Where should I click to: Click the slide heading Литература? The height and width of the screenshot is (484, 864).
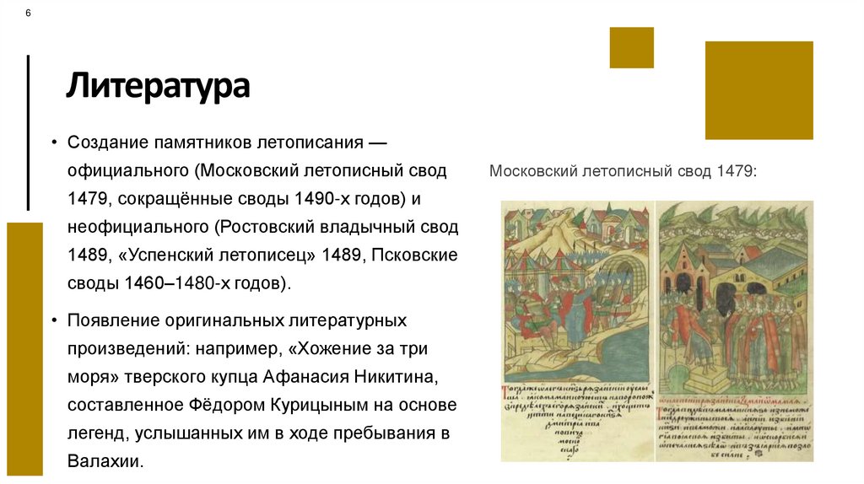click(x=159, y=87)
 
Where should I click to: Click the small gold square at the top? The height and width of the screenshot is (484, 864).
click(x=631, y=47)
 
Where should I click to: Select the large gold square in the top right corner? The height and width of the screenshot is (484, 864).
click(x=759, y=90)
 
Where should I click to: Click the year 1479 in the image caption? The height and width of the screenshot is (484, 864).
click(x=737, y=171)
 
